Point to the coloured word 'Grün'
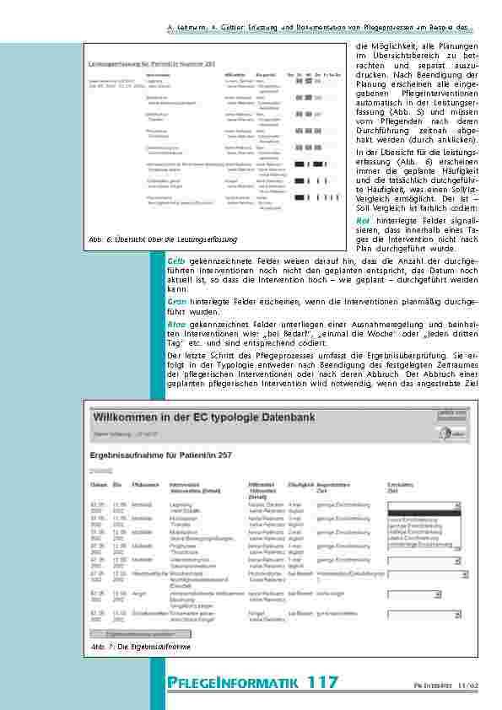(177, 301)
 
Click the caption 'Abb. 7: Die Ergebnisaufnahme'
(141, 647)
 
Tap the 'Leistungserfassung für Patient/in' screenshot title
(154, 64)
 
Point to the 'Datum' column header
(98, 486)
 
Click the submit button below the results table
(140, 632)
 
